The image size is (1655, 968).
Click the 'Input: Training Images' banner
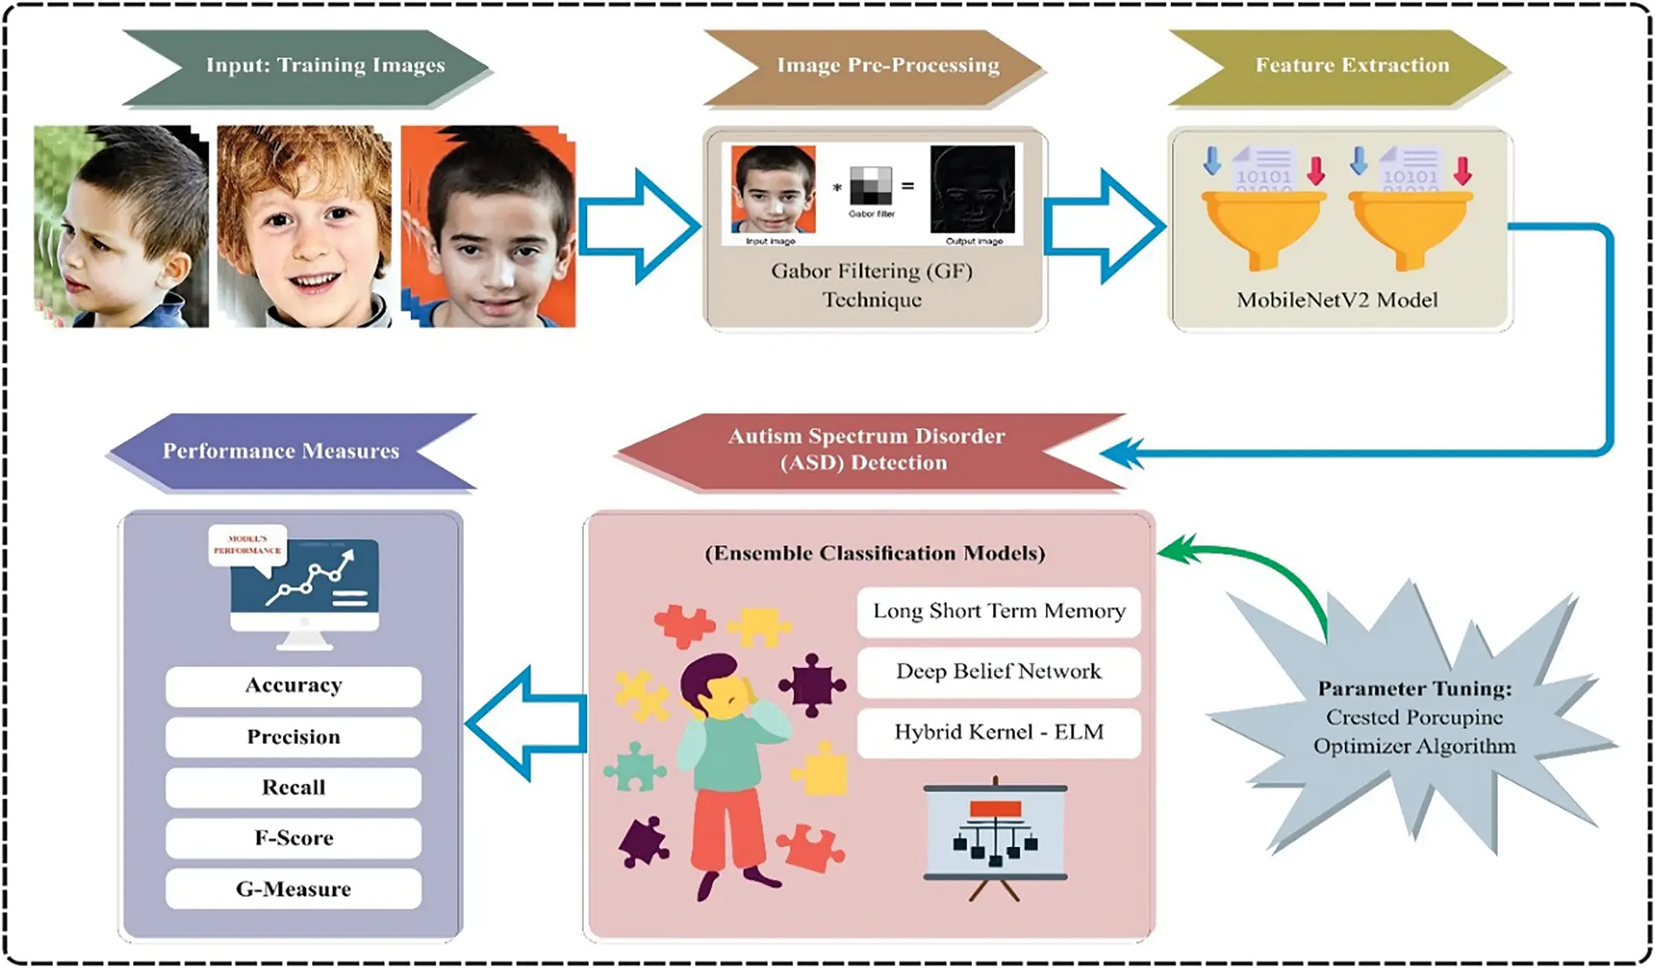(x=313, y=66)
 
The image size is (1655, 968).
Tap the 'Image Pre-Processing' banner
(x=877, y=66)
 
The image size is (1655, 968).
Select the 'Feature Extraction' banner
(x=1342, y=66)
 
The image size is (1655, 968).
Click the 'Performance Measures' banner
(x=287, y=451)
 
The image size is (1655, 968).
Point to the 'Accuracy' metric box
(x=294, y=686)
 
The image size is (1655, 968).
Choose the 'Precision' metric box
(x=294, y=737)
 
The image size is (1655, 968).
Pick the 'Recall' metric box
(x=294, y=787)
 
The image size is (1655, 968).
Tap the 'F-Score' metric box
(x=294, y=838)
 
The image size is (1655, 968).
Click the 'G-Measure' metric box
(x=294, y=889)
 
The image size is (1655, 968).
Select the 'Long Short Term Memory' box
(x=999, y=611)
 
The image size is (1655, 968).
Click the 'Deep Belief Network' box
(x=999, y=672)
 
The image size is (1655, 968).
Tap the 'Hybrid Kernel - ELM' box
(x=999, y=733)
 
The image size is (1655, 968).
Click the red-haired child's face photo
(x=304, y=226)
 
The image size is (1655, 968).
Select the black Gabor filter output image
(x=972, y=189)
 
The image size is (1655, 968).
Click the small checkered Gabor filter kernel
(x=871, y=185)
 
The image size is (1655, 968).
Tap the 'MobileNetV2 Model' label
(x=1337, y=300)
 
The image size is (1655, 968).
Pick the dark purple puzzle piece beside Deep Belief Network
(x=811, y=685)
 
